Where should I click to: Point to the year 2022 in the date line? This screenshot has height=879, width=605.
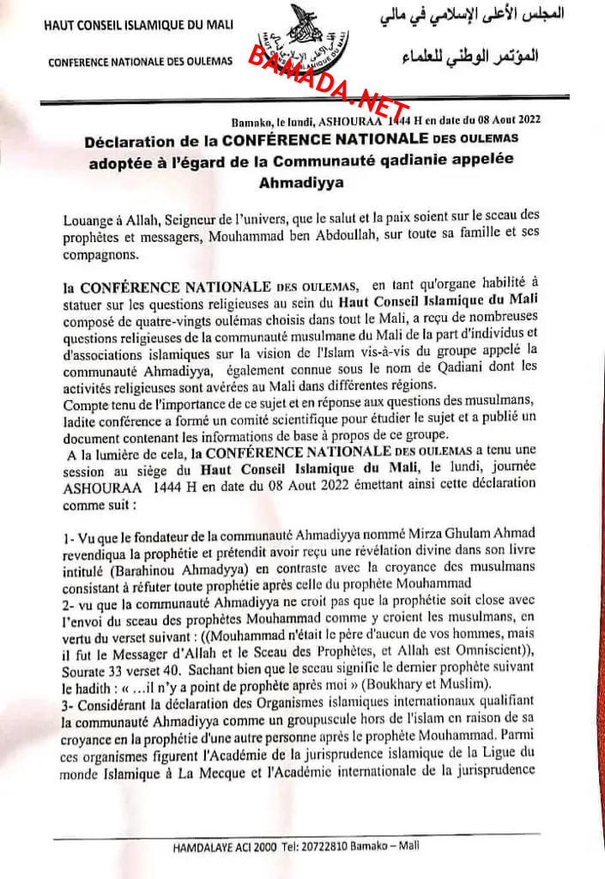pyautogui.click(x=523, y=120)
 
